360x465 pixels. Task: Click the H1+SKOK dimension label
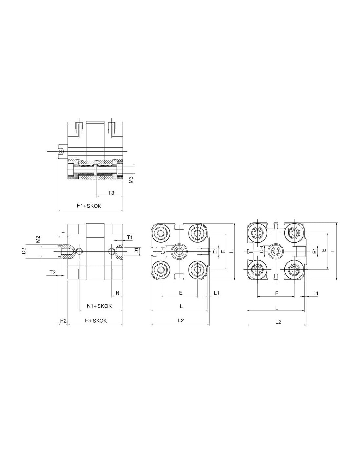pos(89,206)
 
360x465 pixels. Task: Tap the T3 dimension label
pos(111,193)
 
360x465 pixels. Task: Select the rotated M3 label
pos(131,179)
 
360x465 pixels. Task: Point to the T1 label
pos(130,237)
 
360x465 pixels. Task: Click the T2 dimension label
pos(52,272)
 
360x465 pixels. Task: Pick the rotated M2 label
pos(38,239)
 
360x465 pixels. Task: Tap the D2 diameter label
pos(24,250)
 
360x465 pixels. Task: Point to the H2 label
pos(63,321)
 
